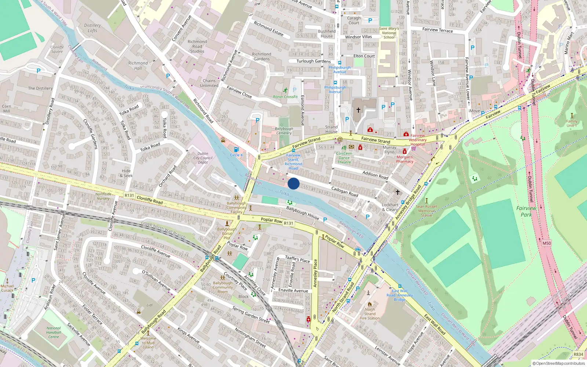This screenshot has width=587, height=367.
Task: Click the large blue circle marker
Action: pos(293,183)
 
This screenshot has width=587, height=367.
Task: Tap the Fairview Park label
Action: pos(526,211)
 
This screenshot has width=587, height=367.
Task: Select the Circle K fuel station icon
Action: pos(236,149)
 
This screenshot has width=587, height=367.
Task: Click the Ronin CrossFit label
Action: pos(285,97)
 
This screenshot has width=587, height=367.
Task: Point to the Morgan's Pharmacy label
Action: pos(405,159)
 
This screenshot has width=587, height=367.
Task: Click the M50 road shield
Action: pos(547,243)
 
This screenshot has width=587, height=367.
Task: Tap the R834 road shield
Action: pos(578,354)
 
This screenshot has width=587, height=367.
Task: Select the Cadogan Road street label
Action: pos(344,191)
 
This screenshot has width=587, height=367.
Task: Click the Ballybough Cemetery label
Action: pos(284,131)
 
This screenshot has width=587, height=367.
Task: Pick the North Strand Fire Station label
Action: pos(370,314)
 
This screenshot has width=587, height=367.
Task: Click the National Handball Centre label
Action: pos(54,333)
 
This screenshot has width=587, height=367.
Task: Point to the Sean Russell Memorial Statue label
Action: pos(426,211)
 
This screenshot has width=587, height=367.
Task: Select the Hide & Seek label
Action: pos(126,173)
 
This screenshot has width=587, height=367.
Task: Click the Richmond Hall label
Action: pos(138,65)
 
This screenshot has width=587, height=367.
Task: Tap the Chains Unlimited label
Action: pos(209,83)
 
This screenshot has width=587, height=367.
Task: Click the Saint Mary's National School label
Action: pos(389,33)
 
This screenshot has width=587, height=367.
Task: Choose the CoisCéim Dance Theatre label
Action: pos(344,158)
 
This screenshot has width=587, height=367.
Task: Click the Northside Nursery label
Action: pos(103,196)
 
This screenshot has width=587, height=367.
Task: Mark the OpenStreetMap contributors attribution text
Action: pos(558,363)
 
